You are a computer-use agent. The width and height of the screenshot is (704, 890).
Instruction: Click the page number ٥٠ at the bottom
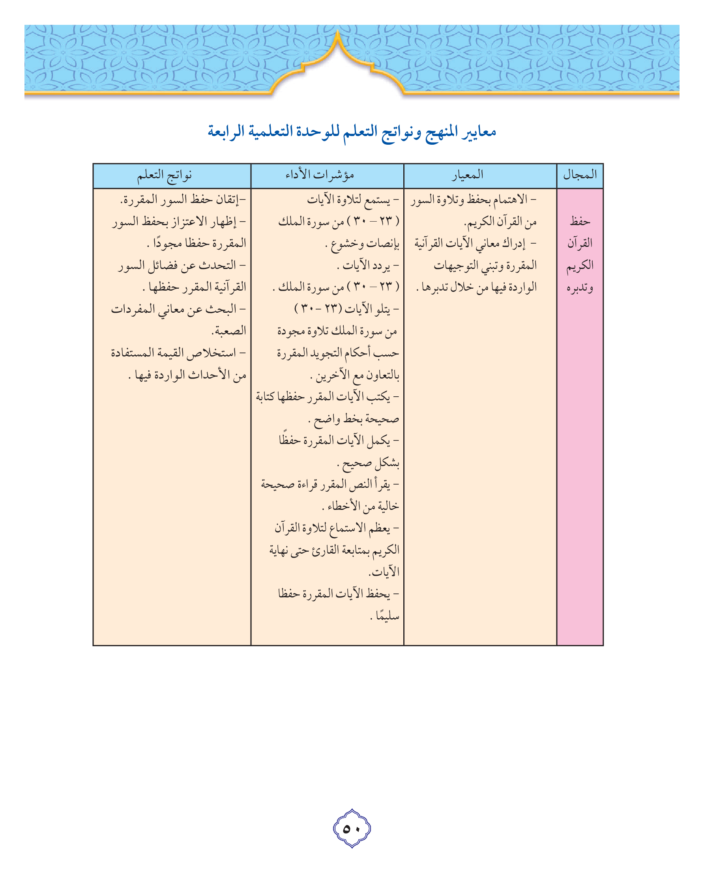(x=352, y=828)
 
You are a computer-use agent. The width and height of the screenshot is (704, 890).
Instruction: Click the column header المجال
(x=580, y=175)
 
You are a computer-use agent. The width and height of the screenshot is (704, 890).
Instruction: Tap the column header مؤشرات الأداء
(x=320, y=175)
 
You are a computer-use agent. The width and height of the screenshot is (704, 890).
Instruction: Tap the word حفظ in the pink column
(x=580, y=222)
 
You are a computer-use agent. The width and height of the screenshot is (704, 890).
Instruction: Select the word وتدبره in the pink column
(x=580, y=287)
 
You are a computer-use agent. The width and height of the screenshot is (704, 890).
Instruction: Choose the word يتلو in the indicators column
(x=380, y=309)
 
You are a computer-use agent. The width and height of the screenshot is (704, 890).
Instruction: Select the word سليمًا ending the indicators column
(x=388, y=616)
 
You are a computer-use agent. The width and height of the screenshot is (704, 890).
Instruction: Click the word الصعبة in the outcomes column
(x=229, y=331)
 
